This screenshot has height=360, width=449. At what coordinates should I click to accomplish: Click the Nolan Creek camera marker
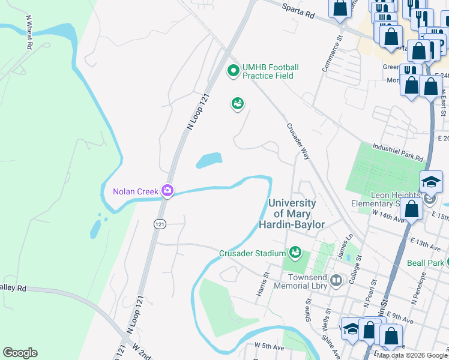pyautogui.click(x=167, y=191)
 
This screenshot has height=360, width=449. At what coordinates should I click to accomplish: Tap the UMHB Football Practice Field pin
pyautogui.click(x=233, y=71)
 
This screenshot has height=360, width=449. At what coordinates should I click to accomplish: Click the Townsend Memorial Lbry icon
pyautogui.click(x=336, y=280)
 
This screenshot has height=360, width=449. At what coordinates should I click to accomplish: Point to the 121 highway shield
pyautogui.click(x=160, y=223)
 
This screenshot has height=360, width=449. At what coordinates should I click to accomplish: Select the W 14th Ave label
pyautogui.click(x=388, y=217)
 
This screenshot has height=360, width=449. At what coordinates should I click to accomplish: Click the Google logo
pyautogui.click(x=20, y=353)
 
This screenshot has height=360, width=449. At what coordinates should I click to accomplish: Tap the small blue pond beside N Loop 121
pyautogui.click(x=209, y=160)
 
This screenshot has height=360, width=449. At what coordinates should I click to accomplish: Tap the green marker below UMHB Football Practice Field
pyautogui.click(x=238, y=104)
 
